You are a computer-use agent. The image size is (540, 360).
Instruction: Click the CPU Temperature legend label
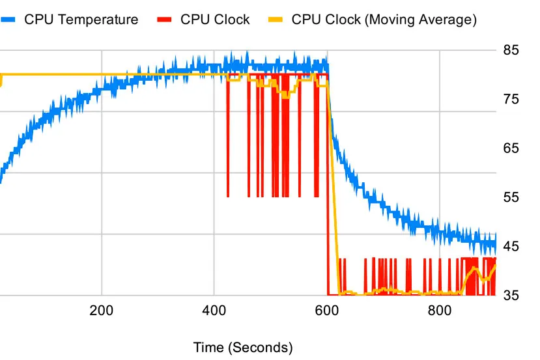pos(81,20)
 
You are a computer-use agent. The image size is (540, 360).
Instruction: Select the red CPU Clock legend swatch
pos(167,20)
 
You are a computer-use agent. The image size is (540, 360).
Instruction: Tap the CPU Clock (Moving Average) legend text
pos(384,20)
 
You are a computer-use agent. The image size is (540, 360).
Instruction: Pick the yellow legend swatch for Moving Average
pos(277,20)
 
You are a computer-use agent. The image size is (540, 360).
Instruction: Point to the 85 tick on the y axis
pos(511,49)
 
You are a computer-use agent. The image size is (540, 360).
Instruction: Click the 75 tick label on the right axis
pos(511,99)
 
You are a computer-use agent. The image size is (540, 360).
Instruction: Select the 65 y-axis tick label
pos(511,148)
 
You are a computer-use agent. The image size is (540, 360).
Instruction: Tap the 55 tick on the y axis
pos(511,197)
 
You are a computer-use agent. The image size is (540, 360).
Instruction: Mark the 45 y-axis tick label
pos(511,246)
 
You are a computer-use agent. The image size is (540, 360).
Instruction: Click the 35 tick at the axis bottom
pos(511,296)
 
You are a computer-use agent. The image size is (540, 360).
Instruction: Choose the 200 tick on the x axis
pos(101,310)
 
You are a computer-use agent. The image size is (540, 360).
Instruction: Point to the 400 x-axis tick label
pos(214,310)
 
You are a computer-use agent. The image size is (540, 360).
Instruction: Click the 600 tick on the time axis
pos(326,310)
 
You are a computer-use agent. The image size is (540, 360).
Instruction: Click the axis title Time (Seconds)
pos(243,348)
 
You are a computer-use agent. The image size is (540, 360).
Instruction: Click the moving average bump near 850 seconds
pos(475,269)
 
